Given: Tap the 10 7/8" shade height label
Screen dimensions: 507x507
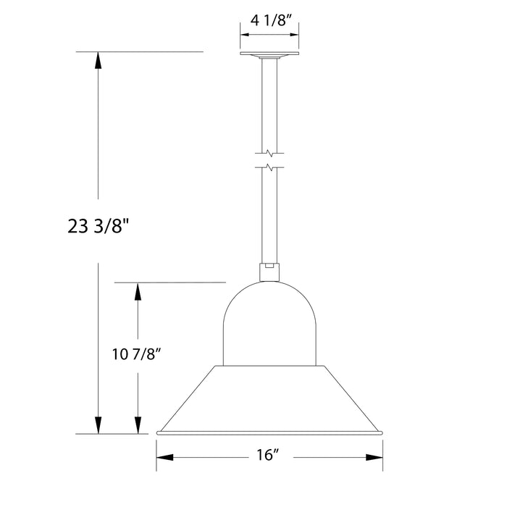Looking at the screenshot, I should pos(136,354).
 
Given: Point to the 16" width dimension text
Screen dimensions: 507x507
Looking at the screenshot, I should pos(268,456).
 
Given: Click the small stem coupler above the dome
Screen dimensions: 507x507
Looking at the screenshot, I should pos(269,270).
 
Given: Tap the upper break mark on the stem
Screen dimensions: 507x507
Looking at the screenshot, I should pos(269,153).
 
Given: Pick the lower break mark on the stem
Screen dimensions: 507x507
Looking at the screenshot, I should pos(269,168).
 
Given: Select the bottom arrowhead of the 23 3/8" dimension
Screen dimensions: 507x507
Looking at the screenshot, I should pos(98,425).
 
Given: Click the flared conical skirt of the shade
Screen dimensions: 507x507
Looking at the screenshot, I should pos(269,398).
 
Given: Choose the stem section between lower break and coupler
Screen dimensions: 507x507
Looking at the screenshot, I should pos(269,217).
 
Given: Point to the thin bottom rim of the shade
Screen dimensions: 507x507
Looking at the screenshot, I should pos(269,433).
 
